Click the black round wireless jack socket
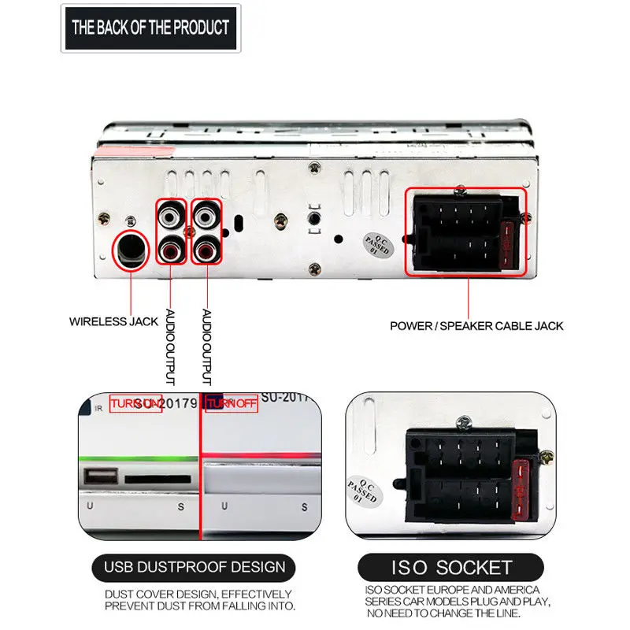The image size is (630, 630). [131, 250]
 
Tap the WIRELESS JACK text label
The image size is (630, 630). [113, 321]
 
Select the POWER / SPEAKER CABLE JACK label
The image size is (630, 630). [476, 325]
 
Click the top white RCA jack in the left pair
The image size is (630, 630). [172, 214]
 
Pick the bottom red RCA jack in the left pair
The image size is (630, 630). [172, 251]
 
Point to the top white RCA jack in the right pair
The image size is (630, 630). [207, 214]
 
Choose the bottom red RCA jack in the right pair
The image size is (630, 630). [207, 251]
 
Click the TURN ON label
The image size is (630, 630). [135, 404]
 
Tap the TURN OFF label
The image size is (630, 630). [232, 404]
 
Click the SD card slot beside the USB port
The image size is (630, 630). [157, 477]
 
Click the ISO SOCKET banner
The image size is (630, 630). [452, 567]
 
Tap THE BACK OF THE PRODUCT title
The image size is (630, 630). [150, 28]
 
